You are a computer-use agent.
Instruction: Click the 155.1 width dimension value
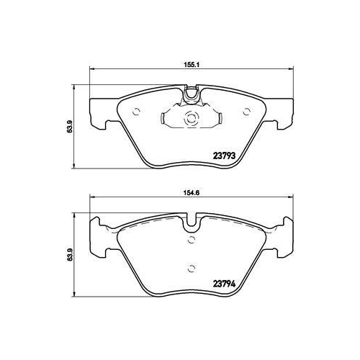coord(191,63)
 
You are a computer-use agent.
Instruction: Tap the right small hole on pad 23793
coord(247,110)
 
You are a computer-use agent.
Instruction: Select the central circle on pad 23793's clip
coord(191,122)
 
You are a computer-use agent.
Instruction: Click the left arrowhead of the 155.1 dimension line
coord(91,69)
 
